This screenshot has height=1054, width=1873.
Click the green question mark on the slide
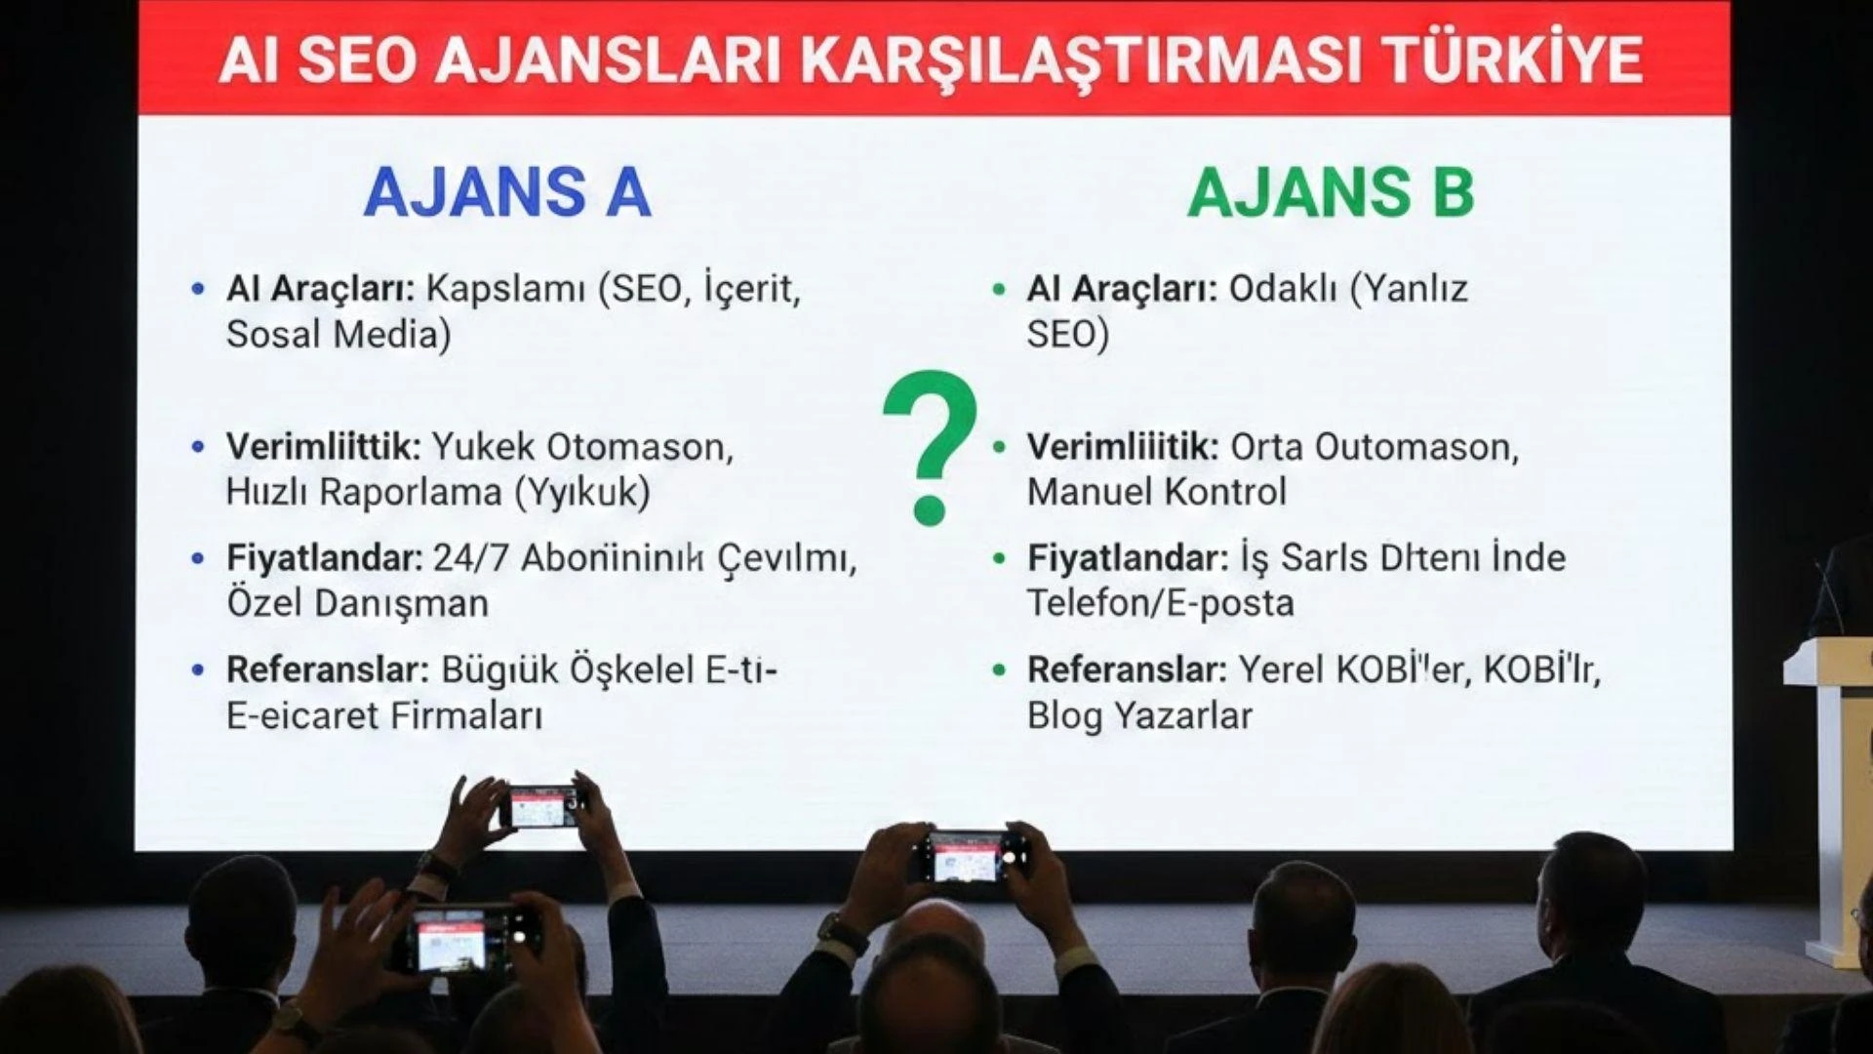pos(930,447)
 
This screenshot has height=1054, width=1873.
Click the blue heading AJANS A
pos(506,192)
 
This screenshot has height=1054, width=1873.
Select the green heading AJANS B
pos(1331,192)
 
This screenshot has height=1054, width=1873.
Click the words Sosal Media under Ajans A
pos(339,335)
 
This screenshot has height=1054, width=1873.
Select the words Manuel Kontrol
pos(1157,491)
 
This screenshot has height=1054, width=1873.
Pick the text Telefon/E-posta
pos(1160,603)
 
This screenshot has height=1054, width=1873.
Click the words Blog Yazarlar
pos(1139,715)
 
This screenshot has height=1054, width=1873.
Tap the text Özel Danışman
pos(357,603)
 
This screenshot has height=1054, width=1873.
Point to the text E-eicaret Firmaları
pos(383,715)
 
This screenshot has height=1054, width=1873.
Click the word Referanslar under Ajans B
pos(1127,670)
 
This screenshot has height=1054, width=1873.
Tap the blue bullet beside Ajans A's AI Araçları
pos(199,289)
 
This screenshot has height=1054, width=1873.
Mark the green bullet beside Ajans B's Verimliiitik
pos(999,448)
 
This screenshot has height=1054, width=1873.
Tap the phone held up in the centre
pos(967,857)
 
